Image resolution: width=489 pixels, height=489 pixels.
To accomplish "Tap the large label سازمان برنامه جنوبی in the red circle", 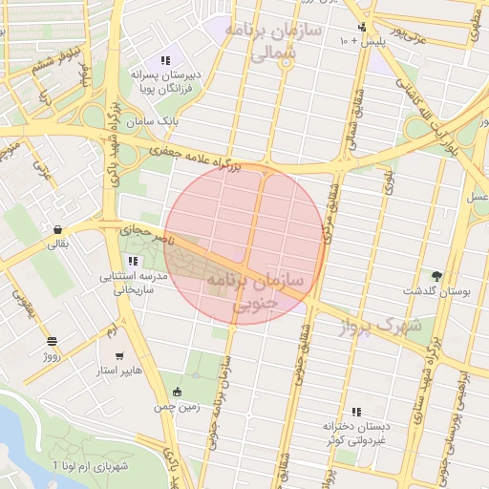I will [253, 290].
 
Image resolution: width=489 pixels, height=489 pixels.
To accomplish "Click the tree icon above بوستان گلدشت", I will [436, 276].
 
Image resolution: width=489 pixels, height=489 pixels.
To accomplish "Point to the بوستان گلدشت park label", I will [436, 290].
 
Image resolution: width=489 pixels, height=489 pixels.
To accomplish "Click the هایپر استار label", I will [120, 370].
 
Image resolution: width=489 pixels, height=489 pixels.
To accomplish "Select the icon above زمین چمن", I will [177, 392].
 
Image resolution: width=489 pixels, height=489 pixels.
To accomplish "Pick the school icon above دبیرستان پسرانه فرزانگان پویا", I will [165, 60].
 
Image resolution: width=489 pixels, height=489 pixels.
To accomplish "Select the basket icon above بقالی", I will [58, 230].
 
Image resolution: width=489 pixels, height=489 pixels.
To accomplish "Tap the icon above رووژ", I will [51, 341].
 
